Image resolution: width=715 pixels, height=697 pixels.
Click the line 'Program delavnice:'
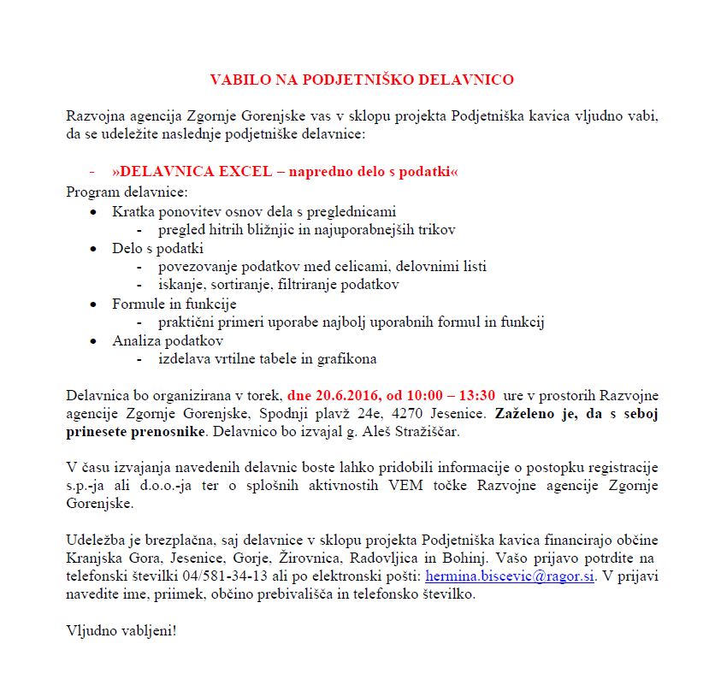(x=126, y=191)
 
